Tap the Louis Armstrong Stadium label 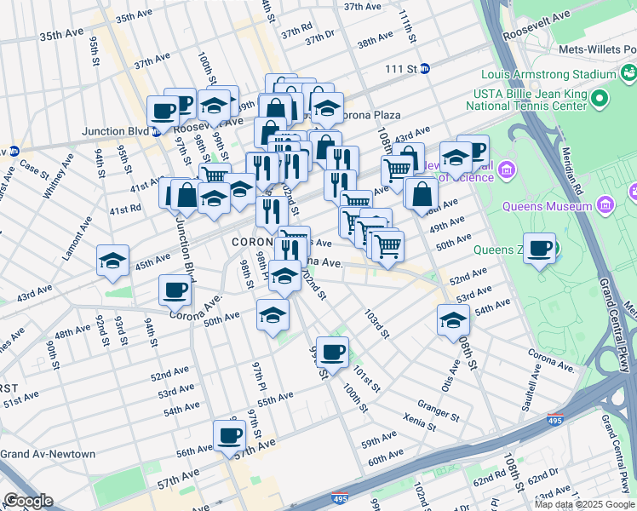pyautogui.click(x=548, y=74)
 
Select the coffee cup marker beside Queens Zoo pyautogui.click(x=539, y=249)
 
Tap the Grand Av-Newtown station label pyautogui.click(x=48, y=454)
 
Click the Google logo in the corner pyautogui.click(x=28, y=501)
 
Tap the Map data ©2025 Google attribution pyautogui.click(x=583, y=504)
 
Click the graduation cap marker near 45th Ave pyautogui.click(x=112, y=261)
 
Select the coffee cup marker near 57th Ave pyautogui.click(x=228, y=435)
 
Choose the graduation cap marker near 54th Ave pyautogui.click(x=453, y=320)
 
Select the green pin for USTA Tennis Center pyautogui.click(x=600, y=100)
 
